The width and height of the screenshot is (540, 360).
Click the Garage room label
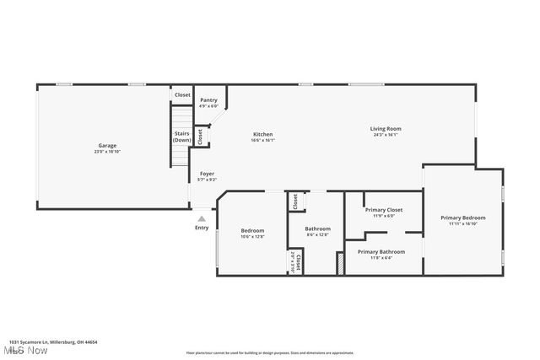(106, 146)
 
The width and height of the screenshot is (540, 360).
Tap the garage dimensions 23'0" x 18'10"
(106, 152)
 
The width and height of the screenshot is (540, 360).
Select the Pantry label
(208, 100)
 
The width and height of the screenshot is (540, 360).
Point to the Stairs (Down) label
(181, 137)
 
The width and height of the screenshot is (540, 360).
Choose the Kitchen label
(263, 134)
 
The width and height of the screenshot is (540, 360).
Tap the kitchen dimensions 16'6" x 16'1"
(263, 140)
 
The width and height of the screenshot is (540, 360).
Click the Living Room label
(385, 129)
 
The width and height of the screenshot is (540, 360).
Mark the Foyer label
(207, 174)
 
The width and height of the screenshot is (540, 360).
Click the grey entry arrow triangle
(202, 218)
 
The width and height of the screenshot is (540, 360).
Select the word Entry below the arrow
(202, 228)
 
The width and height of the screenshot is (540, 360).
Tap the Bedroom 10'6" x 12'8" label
(252, 234)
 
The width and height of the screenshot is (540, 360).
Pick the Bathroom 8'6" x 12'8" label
(317, 231)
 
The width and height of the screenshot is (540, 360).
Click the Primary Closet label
(383, 210)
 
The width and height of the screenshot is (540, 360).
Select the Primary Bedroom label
(463, 218)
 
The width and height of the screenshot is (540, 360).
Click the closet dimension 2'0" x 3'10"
(292, 261)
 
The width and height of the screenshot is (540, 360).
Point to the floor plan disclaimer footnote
(269, 352)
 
